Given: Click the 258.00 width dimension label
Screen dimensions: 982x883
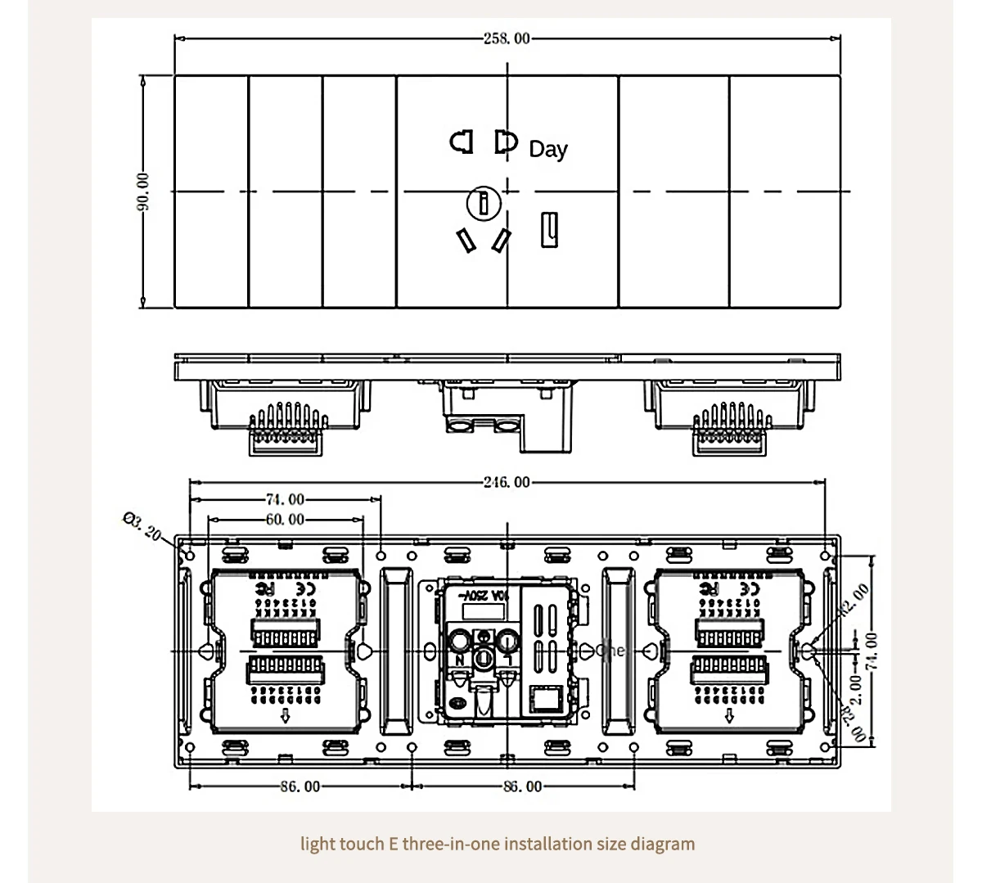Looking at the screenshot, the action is click(x=507, y=38).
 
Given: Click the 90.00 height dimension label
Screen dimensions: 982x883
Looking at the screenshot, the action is click(x=142, y=191).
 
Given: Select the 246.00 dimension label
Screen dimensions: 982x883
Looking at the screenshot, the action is click(x=507, y=482).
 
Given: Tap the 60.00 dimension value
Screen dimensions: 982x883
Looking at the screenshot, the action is click(x=285, y=519).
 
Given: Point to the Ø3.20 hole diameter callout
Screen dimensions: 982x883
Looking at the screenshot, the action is click(x=142, y=525).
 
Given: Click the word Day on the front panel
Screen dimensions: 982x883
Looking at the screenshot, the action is click(x=548, y=149).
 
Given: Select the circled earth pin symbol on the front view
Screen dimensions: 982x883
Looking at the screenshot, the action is click(x=484, y=202).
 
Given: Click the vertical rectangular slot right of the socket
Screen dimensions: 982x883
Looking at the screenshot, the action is click(x=549, y=229).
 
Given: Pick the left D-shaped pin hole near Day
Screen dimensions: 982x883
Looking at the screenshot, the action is click(x=462, y=142).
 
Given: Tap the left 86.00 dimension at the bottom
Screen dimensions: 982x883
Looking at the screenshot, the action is click(x=300, y=786).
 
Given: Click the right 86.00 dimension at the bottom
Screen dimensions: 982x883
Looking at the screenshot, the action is click(x=522, y=786).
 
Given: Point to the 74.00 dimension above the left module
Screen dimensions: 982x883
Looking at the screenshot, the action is click(x=285, y=499).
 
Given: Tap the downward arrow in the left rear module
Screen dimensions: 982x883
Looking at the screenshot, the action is click(x=286, y=717).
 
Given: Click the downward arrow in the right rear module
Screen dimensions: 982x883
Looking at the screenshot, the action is click(x=729, y=717).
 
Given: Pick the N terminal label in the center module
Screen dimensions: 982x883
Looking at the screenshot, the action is click(x=460, y=660).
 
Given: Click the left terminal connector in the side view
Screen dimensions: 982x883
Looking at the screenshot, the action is click(x=288, y=429).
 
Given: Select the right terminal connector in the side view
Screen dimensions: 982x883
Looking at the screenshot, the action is click(x=732, y=429).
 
